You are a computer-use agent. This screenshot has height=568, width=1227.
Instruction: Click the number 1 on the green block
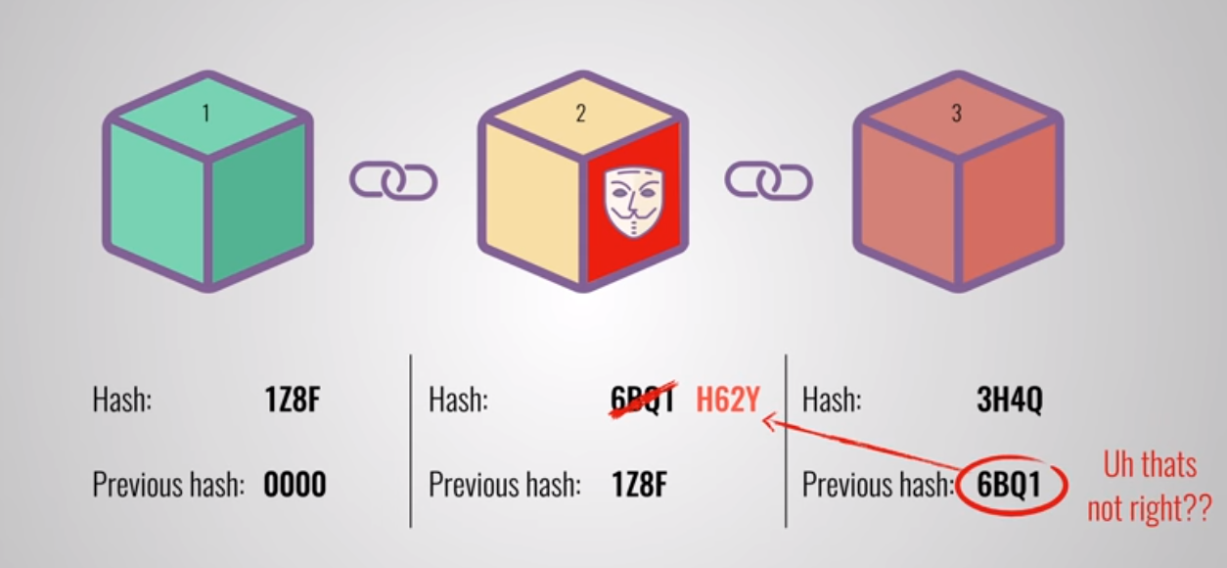(205, 115)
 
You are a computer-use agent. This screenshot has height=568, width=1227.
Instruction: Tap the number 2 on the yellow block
(580, 115)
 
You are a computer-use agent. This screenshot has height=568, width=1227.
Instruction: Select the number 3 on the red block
(956, 114)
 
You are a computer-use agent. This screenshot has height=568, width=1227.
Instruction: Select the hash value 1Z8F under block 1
(293, 401)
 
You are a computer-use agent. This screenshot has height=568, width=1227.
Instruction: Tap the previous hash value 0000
(295, 484)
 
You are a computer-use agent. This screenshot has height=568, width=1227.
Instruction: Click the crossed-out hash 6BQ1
(643, 401)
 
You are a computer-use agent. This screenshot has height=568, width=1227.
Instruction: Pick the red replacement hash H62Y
(728, 400)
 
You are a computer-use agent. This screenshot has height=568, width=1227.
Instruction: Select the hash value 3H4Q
(1009, 401)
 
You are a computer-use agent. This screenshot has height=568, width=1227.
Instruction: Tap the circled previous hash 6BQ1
(1013, 485)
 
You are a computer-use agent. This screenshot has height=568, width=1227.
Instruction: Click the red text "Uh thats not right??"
(1150, 486)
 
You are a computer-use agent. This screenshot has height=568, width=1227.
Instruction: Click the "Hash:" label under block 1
(122, 401)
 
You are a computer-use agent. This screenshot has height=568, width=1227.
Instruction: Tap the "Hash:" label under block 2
(458, 401)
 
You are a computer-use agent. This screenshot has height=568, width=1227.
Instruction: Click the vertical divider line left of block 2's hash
(411, 441)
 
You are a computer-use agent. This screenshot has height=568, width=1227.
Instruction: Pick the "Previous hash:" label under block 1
(168, 484)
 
